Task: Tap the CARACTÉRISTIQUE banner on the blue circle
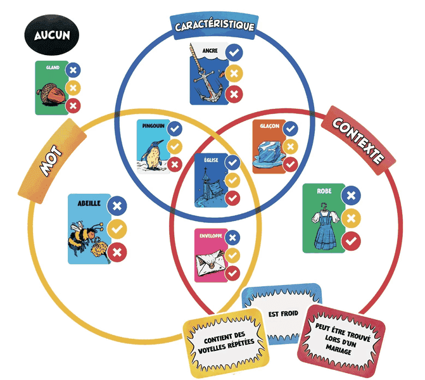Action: (214, 26)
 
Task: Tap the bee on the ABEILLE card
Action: (87, 234)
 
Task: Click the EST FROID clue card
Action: (281, 314)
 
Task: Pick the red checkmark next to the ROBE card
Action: (351, 241)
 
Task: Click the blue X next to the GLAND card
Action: (73, 71)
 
